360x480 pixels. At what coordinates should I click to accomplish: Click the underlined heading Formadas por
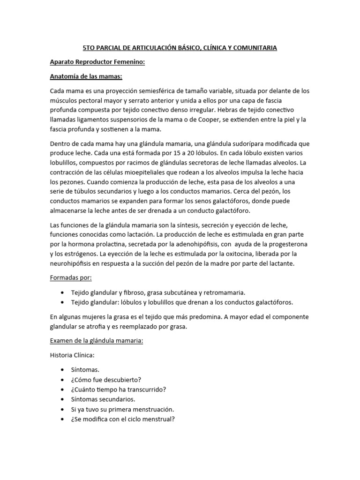(x=71, y=277)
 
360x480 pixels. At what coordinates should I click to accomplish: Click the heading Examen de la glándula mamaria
(x=96, y=341)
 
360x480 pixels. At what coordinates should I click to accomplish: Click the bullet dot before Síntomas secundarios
(x=63, y=399)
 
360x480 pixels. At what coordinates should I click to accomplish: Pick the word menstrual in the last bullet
(x=158, y=419)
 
